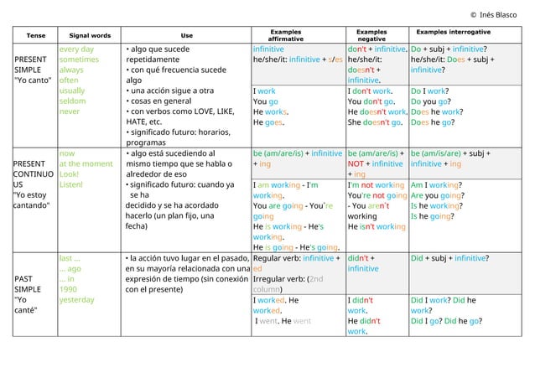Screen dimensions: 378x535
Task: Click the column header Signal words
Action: pyautogui.click(x=91, y=35)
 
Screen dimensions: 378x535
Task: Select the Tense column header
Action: pyautogui.click(x=36, y=35)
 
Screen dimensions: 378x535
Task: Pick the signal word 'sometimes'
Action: pyautogui.click(x=79, y=61)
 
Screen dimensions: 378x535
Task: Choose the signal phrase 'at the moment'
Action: pyautogui.click(x=86, y=164)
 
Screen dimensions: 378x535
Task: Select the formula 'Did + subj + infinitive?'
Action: pyautogui.click(x=450, y=258)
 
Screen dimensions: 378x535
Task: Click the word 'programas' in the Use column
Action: pyautogui.click(x=152, y=142)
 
